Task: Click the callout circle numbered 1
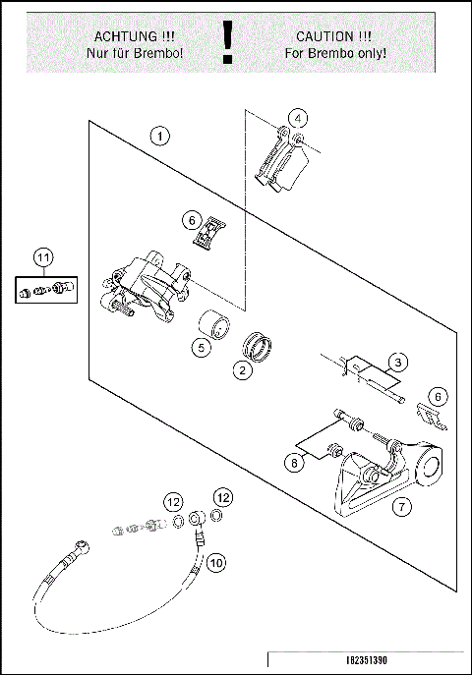pyautogui.click(x=159, y=137)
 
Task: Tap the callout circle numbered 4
pyautogui.click(x=298, y=118)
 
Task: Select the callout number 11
pyautogui.click(x=43, y=257)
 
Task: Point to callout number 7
pyautogui.click(x=402, y=506)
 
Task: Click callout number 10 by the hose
pyautogui.click(x=216, y=563)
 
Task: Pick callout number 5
pyautogui.click(x=202, y=347)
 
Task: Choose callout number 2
pyautogui.click(x=243, y=369)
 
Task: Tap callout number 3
pyautogui.click(x=397, y=362)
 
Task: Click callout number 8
pyautogui.click(x=294, y=463)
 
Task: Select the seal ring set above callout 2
pyautogui.click(x=257, y=346)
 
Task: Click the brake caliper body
pyautogui.click(x=146, y=287)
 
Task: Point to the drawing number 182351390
pyautogui.click(x=367, y=660)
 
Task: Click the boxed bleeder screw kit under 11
pyautogui.click(x=46, y=290)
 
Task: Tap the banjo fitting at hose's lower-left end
pyautogui.click(x=82, y=546)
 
